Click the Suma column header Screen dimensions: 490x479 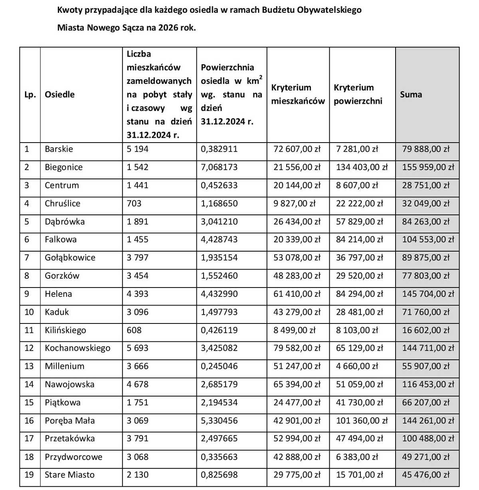point(411,95)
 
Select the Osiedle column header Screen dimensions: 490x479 point(59,95)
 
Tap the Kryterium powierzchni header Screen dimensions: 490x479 point(358,95)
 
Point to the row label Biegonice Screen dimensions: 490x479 point(63,167)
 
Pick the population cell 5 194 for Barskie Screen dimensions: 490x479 point(137,149)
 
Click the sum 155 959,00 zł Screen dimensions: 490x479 point(428,167)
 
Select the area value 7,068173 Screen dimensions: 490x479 point(219,167)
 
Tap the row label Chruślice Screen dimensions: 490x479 point(62,204)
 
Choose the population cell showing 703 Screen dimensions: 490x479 point(134,204)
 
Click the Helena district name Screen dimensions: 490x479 point(58,294)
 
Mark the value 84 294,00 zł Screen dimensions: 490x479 point(359,294)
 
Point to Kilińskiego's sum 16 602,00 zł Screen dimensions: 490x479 point(426,331)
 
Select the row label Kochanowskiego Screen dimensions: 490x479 point(77,348)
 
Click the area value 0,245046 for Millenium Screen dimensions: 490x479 point(219,367)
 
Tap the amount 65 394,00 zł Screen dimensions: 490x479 point(297,385)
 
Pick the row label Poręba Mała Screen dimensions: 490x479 point(69,421)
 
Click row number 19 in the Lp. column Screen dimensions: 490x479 point(29,475)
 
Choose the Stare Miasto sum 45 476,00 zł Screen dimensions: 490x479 point(426,475)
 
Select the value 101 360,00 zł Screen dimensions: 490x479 point(362,421)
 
